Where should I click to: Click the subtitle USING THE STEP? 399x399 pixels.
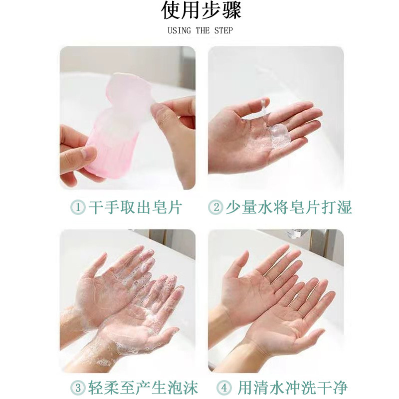point(200,30)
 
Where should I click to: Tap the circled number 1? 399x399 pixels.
point(77,207)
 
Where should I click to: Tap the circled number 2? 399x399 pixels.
point(215,207)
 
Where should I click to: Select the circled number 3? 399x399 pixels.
point(77,388)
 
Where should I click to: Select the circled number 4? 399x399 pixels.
point(223,388)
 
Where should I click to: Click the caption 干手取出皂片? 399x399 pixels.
point(135,207)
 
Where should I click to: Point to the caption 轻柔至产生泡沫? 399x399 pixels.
point(142,388)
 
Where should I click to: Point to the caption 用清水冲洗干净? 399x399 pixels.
point(292,388)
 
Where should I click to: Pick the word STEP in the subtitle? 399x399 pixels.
point(223,30)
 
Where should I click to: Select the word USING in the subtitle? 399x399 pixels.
point(179,30)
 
